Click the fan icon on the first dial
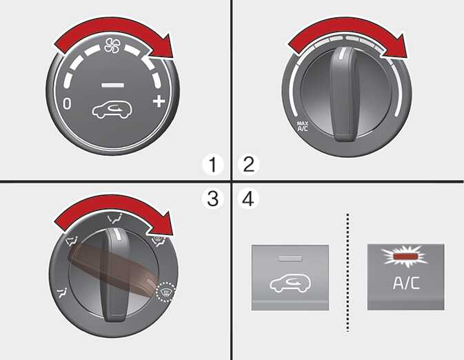coord(112,46)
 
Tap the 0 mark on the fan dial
coord(67,104)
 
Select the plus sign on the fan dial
coord(159,101)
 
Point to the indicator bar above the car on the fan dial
coord(113,86)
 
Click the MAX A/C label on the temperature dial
coord(303,126)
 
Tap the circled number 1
coord(213,165)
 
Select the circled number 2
coord(249,164)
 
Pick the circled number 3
coord(212,198)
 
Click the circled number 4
coord(248,198)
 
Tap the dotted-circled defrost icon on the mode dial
coord(166,292)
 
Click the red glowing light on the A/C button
coord(404,257)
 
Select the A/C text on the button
coord(406,283)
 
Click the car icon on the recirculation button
coord(290,283)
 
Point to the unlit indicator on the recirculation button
coord(290,258)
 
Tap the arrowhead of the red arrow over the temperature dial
coord(395,47)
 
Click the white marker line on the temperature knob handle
coord(343,53)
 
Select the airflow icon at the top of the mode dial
coord(115,219)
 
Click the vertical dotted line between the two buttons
coord(347,272)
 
